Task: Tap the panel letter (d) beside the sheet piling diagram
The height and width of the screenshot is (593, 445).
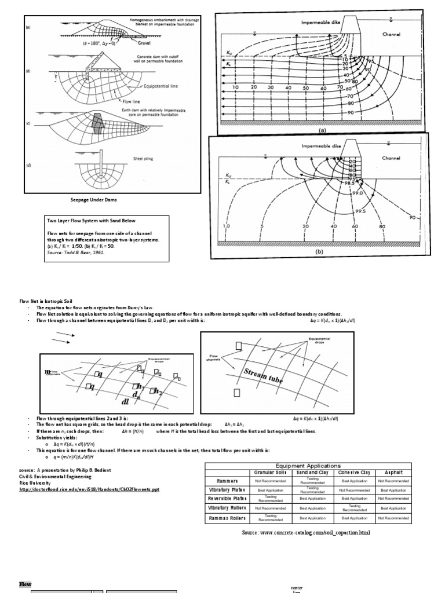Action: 28,167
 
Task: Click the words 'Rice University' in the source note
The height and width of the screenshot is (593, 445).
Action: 35,482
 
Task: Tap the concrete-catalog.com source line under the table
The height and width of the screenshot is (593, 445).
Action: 305,532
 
